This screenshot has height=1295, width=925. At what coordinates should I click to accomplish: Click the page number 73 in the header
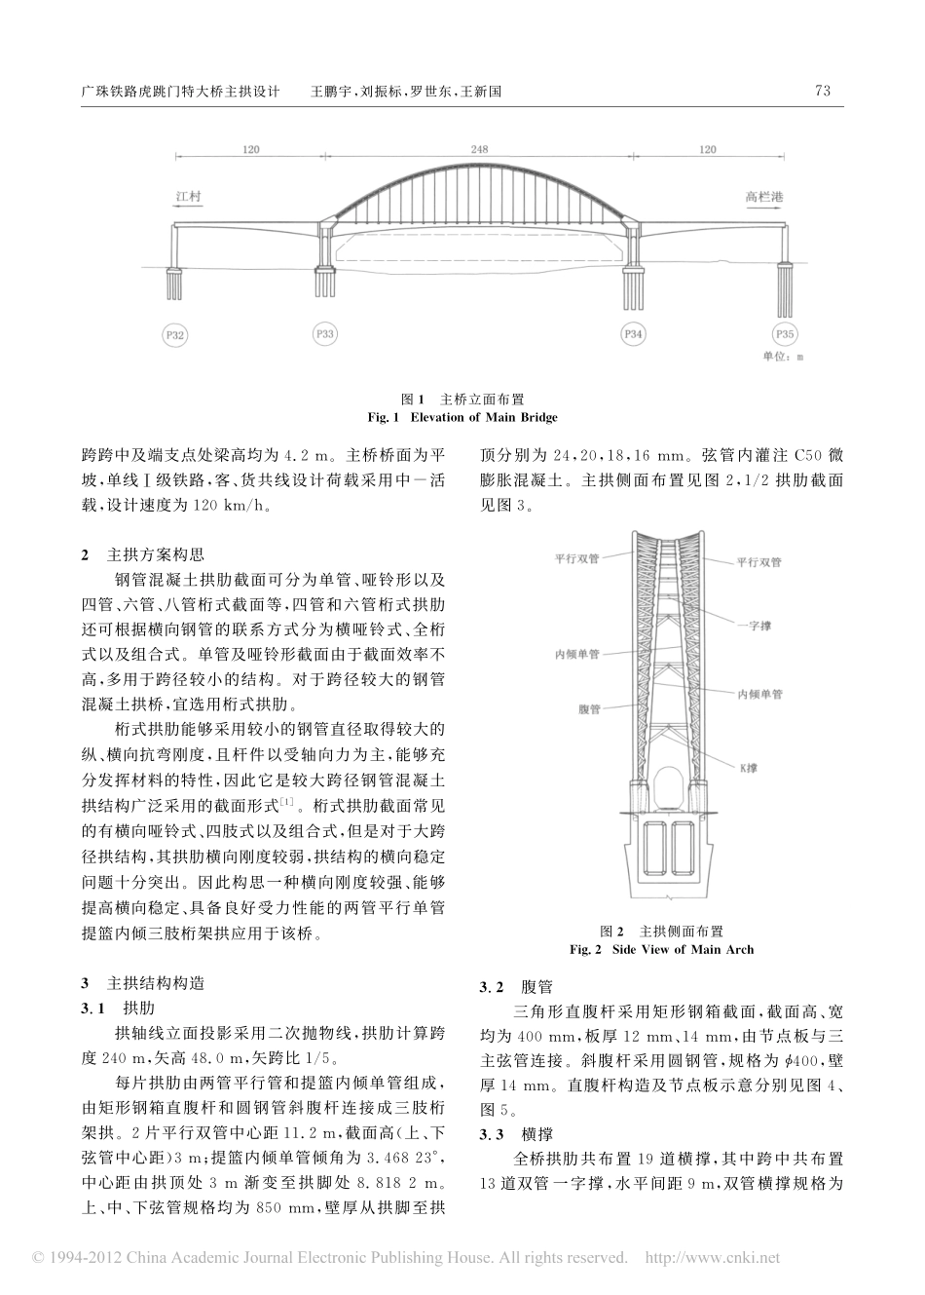point(821,91)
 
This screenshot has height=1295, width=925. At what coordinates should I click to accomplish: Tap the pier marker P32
point(174,334)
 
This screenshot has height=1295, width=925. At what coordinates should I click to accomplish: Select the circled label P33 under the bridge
point(325,334)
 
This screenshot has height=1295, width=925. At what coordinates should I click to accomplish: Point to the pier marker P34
point(633,334)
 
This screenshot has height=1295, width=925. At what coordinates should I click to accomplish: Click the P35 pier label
point(785,334)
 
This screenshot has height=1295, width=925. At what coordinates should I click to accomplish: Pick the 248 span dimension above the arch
point(479,149)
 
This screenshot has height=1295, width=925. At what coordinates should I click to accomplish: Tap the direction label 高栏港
point(764,196)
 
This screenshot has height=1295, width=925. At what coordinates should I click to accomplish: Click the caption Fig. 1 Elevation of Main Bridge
point(462,417)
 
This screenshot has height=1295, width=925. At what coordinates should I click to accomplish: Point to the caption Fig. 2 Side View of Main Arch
point(661,948)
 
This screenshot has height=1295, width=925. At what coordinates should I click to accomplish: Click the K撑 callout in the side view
point(747,768)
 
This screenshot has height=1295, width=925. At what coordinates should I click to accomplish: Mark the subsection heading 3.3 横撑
point(517,1134)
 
